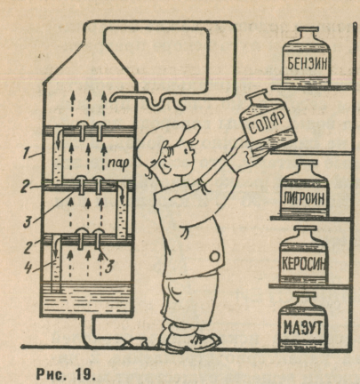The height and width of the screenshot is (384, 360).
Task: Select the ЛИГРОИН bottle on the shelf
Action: click(x=304, y=188)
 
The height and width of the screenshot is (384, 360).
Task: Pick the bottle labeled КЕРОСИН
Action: click(x=304, y=255)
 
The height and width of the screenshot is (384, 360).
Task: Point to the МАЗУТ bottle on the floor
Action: click(x=302, y=321)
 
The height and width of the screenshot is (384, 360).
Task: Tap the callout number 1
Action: click(x=27, y=154)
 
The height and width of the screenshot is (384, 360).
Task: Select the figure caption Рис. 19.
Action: click(x=66, y=374)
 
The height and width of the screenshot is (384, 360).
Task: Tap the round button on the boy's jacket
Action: click(x=214, y=256)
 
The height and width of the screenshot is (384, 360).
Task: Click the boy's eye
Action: click(x=186, y=152)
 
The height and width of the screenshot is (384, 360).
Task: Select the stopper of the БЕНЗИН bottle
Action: click(x=307, y=30)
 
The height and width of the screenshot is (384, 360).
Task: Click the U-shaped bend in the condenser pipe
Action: click(x=156, y=105)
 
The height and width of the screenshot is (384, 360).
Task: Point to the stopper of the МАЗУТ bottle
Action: click(x=303, y=295)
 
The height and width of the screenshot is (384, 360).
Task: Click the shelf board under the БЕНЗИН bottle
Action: click(x=312, y=87)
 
